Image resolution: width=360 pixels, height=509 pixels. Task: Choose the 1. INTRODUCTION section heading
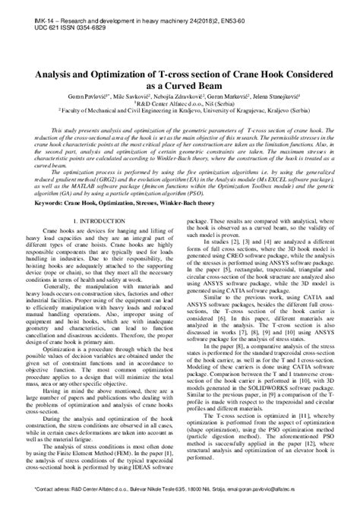(92, 221)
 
